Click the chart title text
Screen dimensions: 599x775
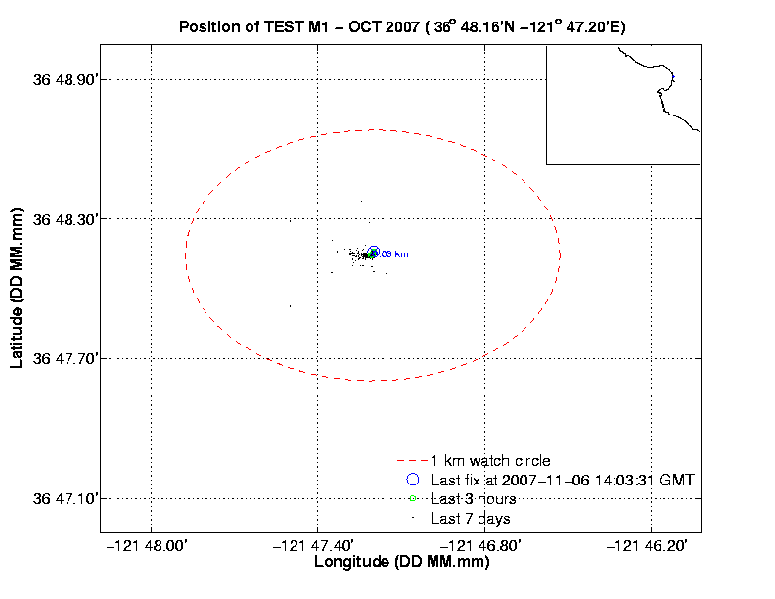[x=402, y=26]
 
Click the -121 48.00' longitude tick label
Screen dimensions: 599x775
[x=151, y=547]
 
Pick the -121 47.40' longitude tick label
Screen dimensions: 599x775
[x=318, y=547]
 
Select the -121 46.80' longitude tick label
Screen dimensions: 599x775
[x=484, y=547]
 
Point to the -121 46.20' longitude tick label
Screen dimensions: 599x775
[x=652, y=547]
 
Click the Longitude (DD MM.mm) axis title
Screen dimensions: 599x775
[x=401, y=563]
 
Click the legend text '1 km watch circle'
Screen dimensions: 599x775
[x=490, y=460]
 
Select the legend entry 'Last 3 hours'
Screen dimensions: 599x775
[x=471, y=499]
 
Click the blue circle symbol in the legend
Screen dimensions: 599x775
[x=412, y=480]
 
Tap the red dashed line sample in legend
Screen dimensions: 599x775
[x=412, y=461]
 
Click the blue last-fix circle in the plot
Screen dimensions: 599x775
[x=373, y=252]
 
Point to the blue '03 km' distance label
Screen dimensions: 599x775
[x=394, y=254]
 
